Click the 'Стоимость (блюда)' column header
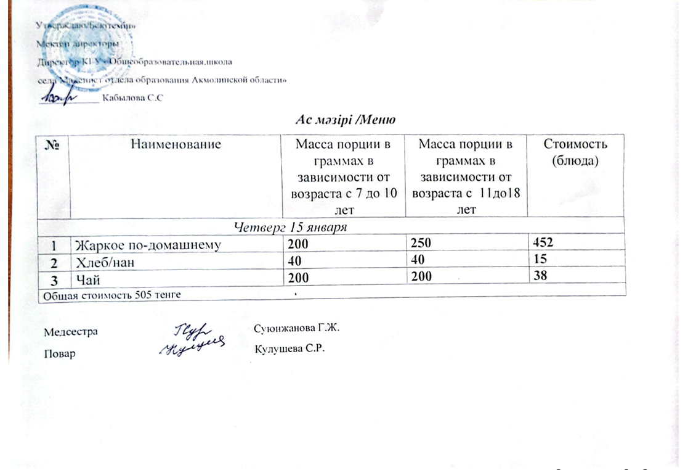pos(577,152)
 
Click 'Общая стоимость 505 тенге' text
pos(111,295)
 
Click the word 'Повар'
pos(60,354)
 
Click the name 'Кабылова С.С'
pos(132,99)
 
